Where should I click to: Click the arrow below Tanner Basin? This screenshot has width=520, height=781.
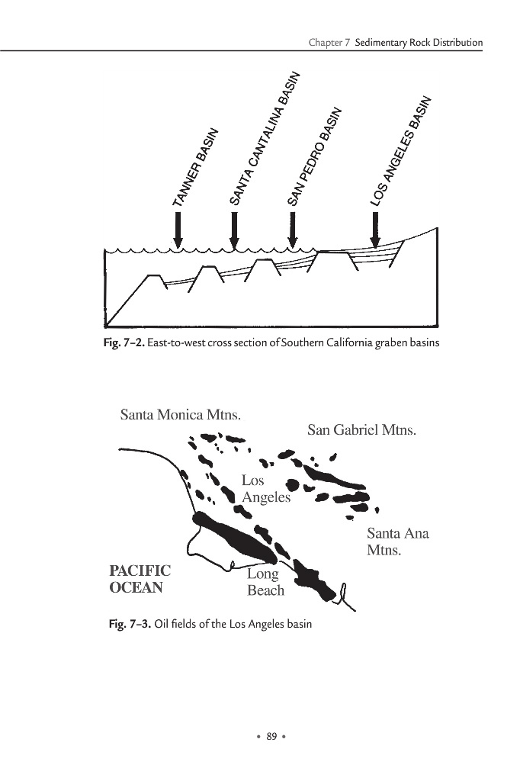pyautogui.click(x=178, y=229)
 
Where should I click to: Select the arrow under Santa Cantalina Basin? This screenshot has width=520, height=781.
pyautogui.click(x=234, y=229)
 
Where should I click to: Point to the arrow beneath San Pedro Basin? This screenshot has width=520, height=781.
pyautogui.click(x=292, y=229)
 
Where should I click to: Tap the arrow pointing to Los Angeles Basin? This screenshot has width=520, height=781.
pyautogui.click(x=374, y=229)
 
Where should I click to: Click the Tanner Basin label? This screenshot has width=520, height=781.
pyautogui.click(x=196, y=168)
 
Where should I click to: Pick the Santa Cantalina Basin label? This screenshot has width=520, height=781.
pyautogui.click(x=265, y=138)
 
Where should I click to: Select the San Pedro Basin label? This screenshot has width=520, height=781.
pyautogui.click(x=313, y=158)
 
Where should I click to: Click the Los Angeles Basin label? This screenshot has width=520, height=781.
pyautogui.click(x=401, y=151)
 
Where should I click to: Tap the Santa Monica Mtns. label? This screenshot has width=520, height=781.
pyautogui.click(x=181, y=416)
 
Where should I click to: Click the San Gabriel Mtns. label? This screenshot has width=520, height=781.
pyautogui.click(x=362, y=430)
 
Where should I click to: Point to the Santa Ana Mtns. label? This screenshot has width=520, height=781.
pyautogui.click(x=397, y=541)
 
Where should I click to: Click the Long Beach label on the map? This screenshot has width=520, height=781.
pyautogui.click(x=265, y=582)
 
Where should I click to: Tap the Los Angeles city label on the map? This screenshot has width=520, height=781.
pyautogui.click(x=265, y=489)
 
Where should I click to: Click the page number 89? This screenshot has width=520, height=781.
pyautogui.click(x=270, y=735)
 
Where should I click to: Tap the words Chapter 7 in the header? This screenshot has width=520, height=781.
pyautogui.click(x=329, y=43)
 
